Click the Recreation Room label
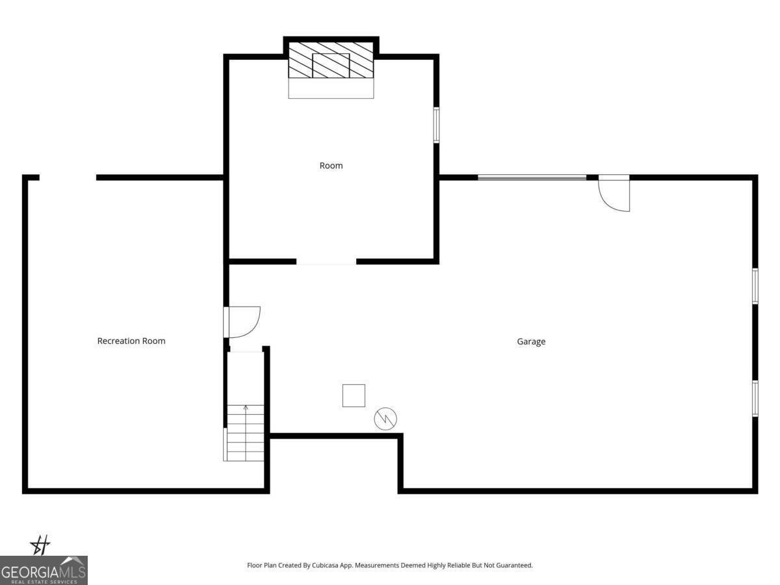[x=131, y=341]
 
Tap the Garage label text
[x=531, y=341]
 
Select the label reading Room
[x=331, y=166]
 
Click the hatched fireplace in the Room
[x=331, y=60]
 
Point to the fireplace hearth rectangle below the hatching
[x=331, y=88]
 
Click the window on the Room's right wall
[x=437, y=125]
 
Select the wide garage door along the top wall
[x=532, y=177]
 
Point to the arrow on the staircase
[x=246, y=408]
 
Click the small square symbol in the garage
[x=354, y=395]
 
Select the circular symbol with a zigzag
[x=385, y=419]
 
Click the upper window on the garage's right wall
[x=755, y=286]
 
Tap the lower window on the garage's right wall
[x=755, y=398]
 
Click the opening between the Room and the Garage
[x=326, y=262]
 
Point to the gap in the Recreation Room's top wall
[x=68, y=177]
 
